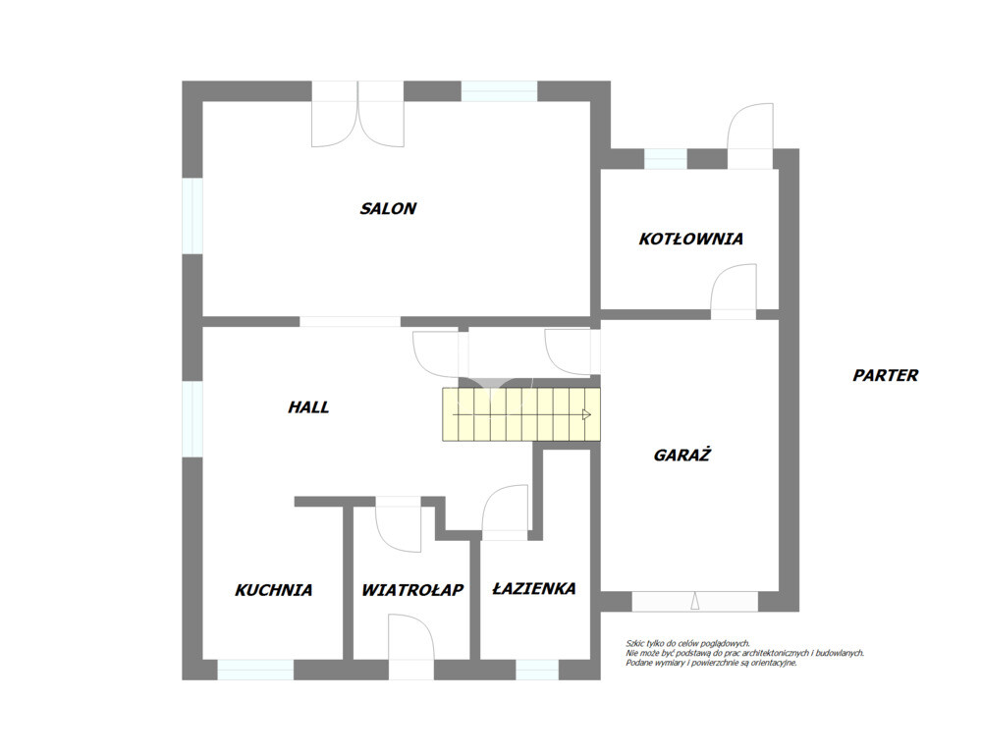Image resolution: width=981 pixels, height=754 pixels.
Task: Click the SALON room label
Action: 388,208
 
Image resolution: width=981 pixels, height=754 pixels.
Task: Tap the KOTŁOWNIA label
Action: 690,239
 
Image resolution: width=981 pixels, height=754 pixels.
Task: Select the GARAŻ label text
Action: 681,455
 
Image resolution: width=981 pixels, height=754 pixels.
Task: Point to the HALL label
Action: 308,407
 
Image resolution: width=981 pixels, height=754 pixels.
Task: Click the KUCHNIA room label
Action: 273,590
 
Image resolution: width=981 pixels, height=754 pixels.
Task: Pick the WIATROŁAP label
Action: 412,589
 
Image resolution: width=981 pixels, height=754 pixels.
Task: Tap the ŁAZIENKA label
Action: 534,588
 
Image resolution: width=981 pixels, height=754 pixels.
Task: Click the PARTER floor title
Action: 886,375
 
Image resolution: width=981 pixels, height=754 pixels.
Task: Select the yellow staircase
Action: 521,414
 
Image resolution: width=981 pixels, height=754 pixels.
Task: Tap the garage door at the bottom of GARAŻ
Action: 694,601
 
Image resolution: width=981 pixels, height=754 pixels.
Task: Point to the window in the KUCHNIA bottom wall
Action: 255,670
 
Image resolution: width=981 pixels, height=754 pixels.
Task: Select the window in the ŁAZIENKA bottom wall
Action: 537,670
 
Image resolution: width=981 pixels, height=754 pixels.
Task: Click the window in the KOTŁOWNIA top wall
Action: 665,159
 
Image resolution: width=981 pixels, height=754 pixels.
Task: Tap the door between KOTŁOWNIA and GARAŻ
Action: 734,292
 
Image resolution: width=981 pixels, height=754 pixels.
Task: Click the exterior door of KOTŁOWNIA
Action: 751,135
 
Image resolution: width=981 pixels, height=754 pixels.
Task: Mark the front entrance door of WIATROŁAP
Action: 411,646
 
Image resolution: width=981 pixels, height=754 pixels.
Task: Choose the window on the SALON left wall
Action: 192,216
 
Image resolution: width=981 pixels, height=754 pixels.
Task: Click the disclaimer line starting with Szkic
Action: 687,643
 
